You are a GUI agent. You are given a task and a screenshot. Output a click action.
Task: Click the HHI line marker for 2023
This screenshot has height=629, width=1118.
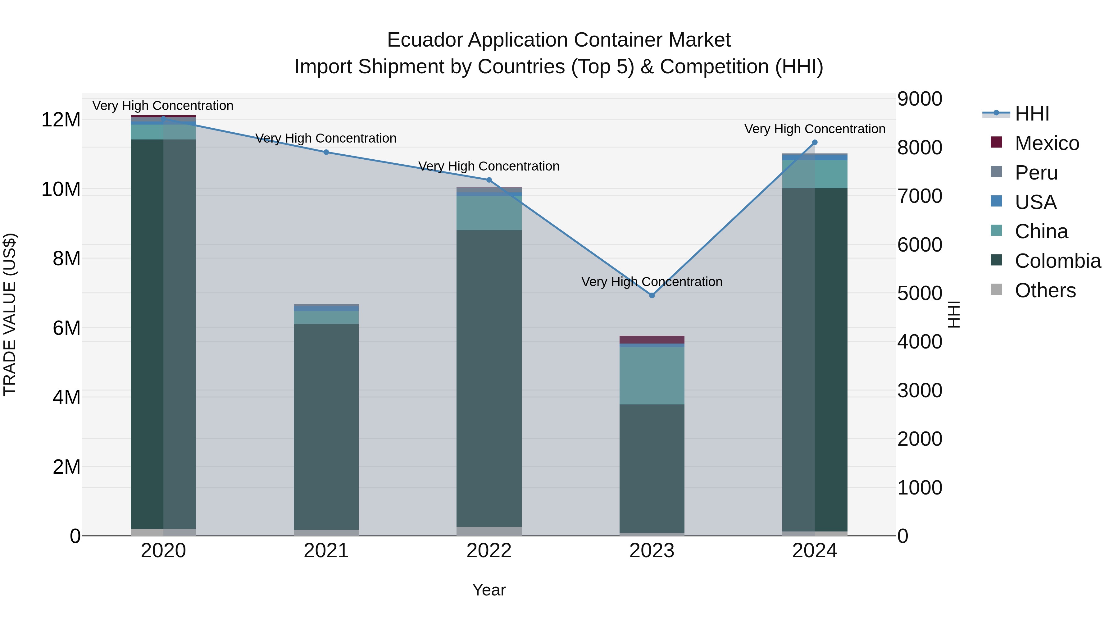tap(652, 295)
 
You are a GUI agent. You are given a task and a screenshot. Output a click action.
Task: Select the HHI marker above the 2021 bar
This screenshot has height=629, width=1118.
tap(326, 152)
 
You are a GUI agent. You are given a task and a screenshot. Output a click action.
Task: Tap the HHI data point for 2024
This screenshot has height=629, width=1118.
tap(815, 142)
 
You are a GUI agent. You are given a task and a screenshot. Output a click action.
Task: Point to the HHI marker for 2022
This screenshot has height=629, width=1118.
tap(489, 180)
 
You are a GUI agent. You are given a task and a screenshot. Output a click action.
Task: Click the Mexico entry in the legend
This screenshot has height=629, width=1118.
tap(1046, 143)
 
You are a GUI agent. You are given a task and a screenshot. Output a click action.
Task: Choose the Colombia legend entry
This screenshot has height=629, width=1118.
tap(1057, 261)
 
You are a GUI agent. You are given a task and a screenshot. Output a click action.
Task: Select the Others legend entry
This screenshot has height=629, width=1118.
tap(1045, 290)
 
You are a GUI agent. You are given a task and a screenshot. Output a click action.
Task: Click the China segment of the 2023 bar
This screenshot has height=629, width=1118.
tap(652, 376)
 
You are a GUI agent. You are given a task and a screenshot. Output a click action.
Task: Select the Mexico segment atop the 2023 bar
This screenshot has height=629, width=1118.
tap(652, 340)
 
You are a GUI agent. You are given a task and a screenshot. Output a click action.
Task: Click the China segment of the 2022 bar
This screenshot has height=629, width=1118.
tap(489, 213)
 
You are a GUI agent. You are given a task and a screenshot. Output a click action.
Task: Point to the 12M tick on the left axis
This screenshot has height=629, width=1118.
tap(61, 120)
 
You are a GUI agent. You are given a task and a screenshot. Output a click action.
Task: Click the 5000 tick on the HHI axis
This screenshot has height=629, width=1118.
tap(919, 294)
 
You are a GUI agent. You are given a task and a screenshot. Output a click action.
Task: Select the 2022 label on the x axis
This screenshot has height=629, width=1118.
tap(489, 551)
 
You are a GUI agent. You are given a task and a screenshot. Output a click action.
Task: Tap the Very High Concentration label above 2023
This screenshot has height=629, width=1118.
tap(652, 282)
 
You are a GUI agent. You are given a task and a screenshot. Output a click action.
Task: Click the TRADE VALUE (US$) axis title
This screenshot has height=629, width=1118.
tap(10, 314)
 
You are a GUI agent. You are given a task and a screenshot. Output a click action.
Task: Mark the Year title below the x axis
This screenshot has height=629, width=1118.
tap(489, 590)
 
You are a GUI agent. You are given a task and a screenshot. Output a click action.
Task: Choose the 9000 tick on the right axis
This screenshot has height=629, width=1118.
tap(919, 99)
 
